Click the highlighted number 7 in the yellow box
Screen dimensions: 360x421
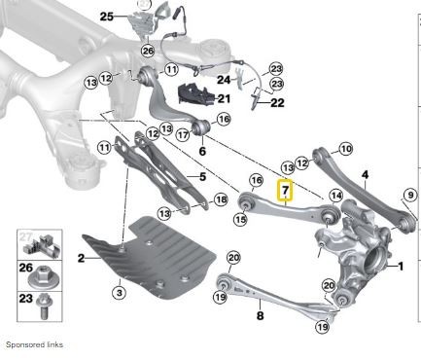pos(286,191)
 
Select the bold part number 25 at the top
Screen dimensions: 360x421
pos(106,16)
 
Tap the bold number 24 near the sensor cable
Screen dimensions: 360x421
pos(223,79)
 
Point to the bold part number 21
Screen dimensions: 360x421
pos(224,98)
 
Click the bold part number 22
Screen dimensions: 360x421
pos(277,102)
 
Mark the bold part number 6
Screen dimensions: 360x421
pos(202,152)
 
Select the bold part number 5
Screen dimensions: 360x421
pos(201,177)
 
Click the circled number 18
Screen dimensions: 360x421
pos(220,199)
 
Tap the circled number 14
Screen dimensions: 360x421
pos(335,196)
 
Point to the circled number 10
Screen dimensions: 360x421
pos(344,149)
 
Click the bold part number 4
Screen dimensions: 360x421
pos(365,176)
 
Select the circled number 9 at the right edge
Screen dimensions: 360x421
pos(411,198)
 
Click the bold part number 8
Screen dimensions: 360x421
pos(260,315)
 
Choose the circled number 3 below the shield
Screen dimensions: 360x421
pos(120,291)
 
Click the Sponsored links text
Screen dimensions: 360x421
pos(34,344)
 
